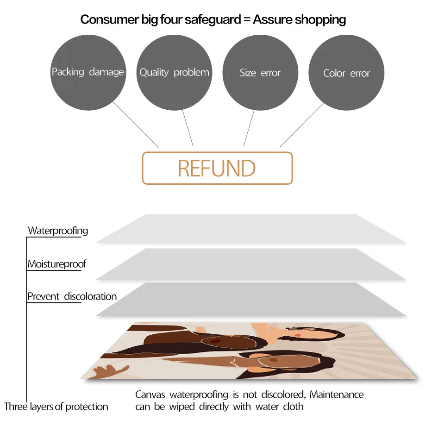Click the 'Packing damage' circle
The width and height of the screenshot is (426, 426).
(x=88, y=73)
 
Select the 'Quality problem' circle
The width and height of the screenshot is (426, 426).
(x=174, y=73)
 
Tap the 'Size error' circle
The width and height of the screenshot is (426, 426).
(x=260, y=73)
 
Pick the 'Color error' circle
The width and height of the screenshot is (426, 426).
(x=346, y=73)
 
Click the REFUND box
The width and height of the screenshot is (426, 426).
(x=217, y=168)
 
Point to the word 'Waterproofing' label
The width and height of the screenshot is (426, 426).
(x=58, y=230)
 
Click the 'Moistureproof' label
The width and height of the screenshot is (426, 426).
(x=56, y=264)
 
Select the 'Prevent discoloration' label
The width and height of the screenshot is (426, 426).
(x=72, y=296)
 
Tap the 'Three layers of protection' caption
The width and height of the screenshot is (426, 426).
(x=56, y=407)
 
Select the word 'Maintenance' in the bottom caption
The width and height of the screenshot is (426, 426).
(x=337, y=395)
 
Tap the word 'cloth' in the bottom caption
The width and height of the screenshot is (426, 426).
(x=293, y=407)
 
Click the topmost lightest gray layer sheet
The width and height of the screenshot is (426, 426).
(x=250, y=229)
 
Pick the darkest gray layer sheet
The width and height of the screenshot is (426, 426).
(x=250, y=299)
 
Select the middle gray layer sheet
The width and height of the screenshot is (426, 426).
(x=250, y=264)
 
